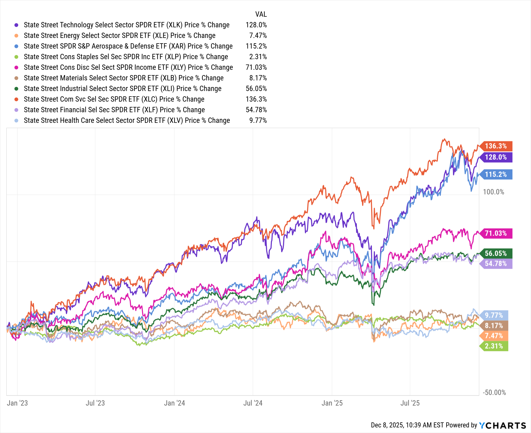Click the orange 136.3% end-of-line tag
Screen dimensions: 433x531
pyautogui.click(x=496, y=146)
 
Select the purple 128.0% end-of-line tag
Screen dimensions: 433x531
pyautogui.click(x=496, y=157)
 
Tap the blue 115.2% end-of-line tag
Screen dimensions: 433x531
pyautogui.click(x=496, y=175)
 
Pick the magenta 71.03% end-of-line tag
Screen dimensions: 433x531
pyautogui.click(x=496, y=233)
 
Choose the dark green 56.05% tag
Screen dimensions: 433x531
pyautogui.click(x=496, y=253)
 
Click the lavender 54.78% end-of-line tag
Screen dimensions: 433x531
pyautogui.click(x=496, y=264)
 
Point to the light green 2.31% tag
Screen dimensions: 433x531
pyautogui.click(x=494, y=346)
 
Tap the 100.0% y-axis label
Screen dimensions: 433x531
pyautogui.click(x=493, y=192)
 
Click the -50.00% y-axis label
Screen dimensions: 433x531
pyautogui.click(x=494, y=392)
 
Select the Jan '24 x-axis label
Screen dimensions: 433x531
pyautogui.click(x=174, y=403)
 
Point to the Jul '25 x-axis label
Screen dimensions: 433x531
pyautogui.click(x=410, y=403)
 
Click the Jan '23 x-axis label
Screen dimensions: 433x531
pyautogui.click(x=17, y=403)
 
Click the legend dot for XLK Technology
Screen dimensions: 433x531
pyautogui.click(x=16, y=25)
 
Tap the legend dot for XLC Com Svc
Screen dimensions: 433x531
pyautogui.click(x=16, y=99)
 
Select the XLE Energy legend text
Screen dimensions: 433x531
pyautogui.click(x=119, y=36)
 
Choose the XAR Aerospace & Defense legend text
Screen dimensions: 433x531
pyautogui.click(x=128, y=46)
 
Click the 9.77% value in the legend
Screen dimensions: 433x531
pyautogui.click(x=258, y=120)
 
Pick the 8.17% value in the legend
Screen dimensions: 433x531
pyautogui.click(x=258, y=78)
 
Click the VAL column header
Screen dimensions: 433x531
pyautogui.click(x=261, y=14)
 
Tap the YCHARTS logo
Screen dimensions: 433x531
pyautogui.click(x=502, y=425)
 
